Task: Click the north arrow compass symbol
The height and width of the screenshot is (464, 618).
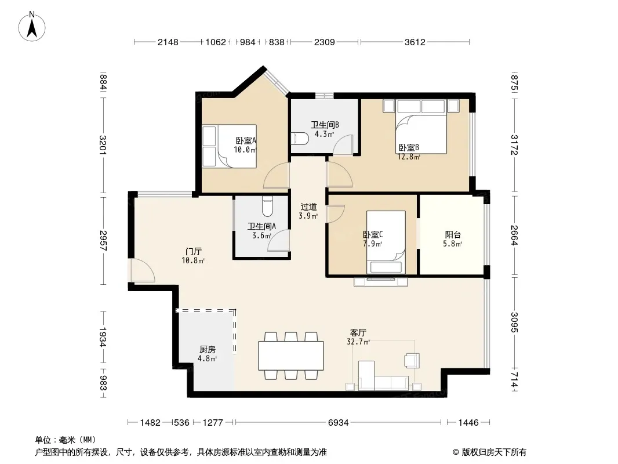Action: pos(32,27)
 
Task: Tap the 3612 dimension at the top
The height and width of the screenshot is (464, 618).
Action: pos(415,42)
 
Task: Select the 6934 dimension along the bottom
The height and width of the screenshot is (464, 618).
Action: pos(338,423)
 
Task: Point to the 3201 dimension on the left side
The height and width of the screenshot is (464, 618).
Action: pos(103,144)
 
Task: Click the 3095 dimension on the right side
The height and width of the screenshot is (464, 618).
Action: pos(514,322)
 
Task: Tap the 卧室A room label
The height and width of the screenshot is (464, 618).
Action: pos(246,140)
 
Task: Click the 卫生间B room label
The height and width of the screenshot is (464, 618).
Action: pos(325,125)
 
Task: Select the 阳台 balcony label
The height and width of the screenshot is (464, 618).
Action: pos(453,235)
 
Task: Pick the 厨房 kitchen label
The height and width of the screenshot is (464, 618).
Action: pos(208,350)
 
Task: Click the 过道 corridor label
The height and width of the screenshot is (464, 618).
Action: pos(308,207)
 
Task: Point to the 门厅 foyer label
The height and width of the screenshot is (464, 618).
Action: pos(194,252)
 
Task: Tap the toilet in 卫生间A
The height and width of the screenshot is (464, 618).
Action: pos(267,208)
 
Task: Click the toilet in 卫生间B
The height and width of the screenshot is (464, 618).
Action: pos(300,139)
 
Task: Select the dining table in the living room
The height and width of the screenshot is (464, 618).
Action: pos(291,356)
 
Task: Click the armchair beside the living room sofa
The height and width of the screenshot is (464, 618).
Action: pos(412,360)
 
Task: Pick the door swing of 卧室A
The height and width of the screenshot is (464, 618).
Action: pos(277,176)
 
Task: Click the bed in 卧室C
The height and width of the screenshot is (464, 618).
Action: pos(386,242)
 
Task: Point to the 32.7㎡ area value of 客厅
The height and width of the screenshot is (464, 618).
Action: pos(358,342)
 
